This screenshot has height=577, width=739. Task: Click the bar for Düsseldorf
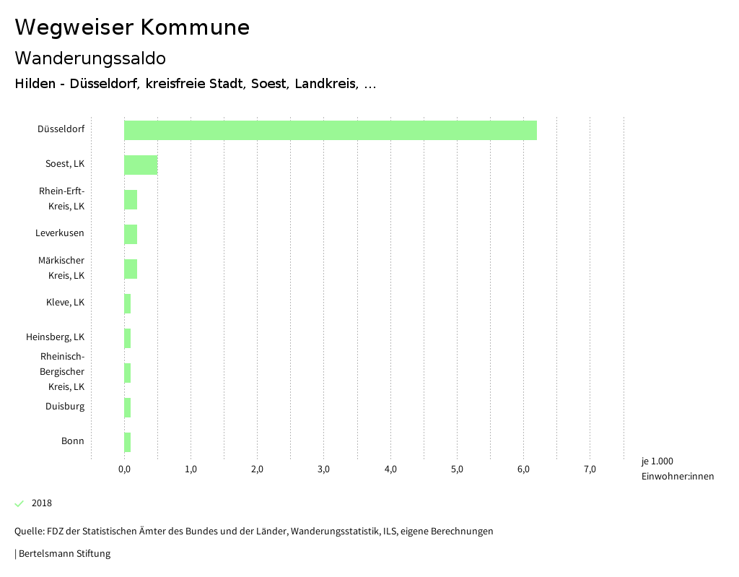tap(330, 130)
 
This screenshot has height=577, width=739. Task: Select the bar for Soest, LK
tap(141, 165)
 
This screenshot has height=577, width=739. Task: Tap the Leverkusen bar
tap(131, 234)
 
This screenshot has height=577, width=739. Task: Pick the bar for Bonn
tap(128, 442)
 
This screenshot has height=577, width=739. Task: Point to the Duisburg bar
tap(128, 407)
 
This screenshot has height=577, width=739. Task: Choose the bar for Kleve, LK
tap(128, 303)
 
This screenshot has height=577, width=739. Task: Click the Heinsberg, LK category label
tap(55, 337)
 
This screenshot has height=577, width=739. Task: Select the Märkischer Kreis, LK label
tap(61, 268)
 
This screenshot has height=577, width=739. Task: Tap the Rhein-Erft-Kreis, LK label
tap(61, 199)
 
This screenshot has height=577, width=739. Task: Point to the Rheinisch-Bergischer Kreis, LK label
tap(62, 371)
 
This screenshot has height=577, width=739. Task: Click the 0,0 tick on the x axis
tap(124, 469)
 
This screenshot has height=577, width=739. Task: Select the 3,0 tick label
tap(323, 469)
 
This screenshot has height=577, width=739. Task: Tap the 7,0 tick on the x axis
tap(590, 469)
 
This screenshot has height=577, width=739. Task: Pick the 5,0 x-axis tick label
tap(457, 469)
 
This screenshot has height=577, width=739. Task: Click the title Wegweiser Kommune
tap(132, 27)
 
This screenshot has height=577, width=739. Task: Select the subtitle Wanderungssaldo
tap(90, 58)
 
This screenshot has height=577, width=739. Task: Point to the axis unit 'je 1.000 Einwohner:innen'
tap(677, 469)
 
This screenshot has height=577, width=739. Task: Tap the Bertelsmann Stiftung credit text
tap(64, 554)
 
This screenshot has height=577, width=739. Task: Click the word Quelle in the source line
tap(28, 532)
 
